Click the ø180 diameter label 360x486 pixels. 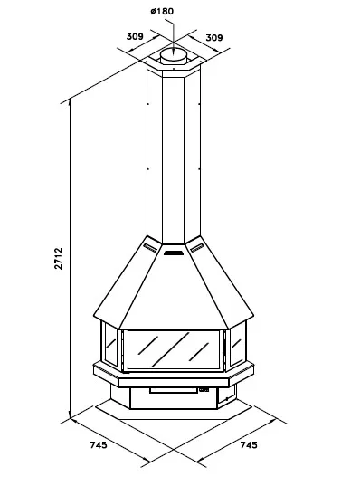(x=162, y=12)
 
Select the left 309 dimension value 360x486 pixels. (x=135, y=36)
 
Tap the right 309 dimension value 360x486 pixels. (x=214, y=37)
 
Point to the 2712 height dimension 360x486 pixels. (x=59, y=258)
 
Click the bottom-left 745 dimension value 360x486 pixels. (x=99, y=444)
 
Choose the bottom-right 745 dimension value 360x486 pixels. (x=249, y=444)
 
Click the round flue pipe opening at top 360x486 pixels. (x=174, y=55)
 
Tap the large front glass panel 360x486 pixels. (x=174, y=350)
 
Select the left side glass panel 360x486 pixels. (x=110, y=344)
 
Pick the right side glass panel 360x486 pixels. (x=236, y=344)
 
